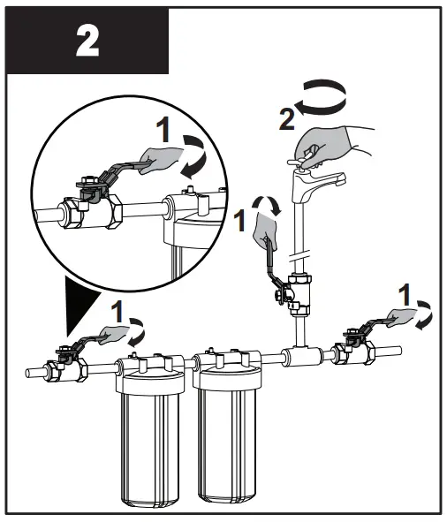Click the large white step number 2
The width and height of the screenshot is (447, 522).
coord(87,42)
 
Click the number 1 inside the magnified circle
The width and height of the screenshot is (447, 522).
coord(163,131)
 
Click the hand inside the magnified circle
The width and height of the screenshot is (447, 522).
coord(161,162)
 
